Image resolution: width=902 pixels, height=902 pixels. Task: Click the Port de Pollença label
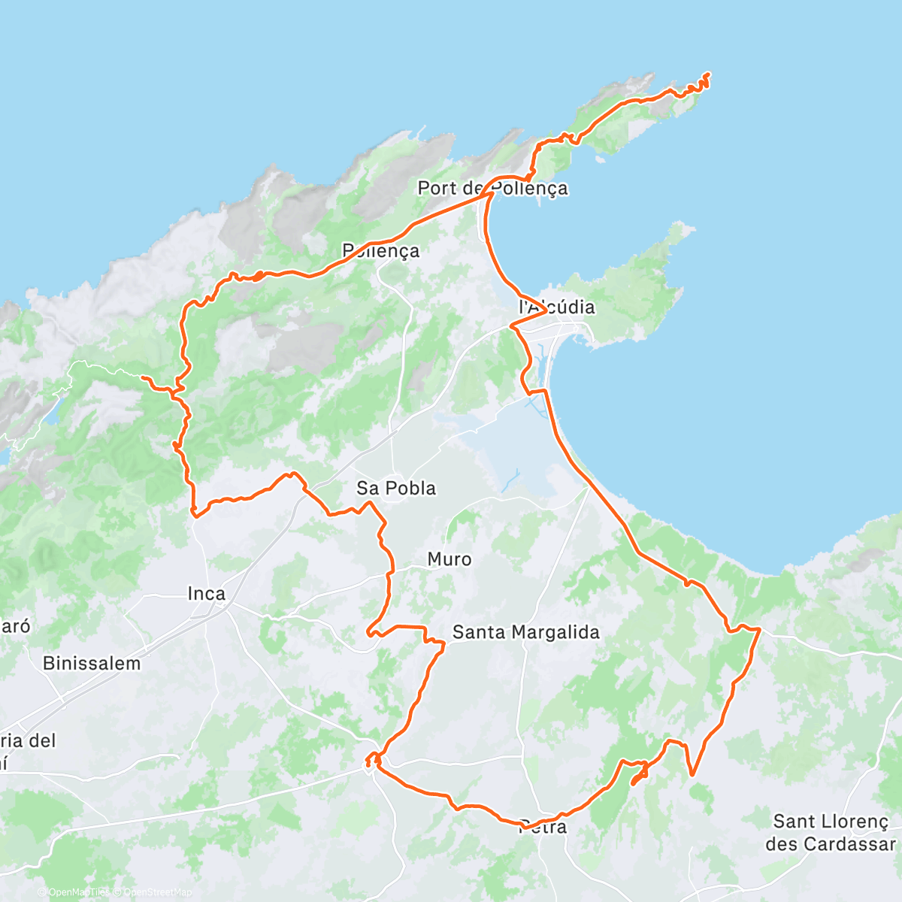(492, 188)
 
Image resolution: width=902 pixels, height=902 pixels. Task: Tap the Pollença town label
(380, 250)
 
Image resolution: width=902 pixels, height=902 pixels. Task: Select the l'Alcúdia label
(557, 307)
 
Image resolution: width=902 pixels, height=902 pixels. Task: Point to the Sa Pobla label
(396, 488)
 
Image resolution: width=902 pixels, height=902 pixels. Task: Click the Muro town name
(449, 559)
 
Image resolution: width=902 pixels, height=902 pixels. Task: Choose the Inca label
(207, 594)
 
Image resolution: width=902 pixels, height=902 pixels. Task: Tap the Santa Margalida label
(525, 632)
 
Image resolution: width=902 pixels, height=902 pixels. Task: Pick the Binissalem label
(92, 663)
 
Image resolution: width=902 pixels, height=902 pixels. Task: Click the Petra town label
(543, 827)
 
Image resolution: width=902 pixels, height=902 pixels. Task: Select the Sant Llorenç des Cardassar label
(831, 833)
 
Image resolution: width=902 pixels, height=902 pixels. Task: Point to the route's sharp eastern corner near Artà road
(760, 628)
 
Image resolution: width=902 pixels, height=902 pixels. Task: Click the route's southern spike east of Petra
(692, 773)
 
